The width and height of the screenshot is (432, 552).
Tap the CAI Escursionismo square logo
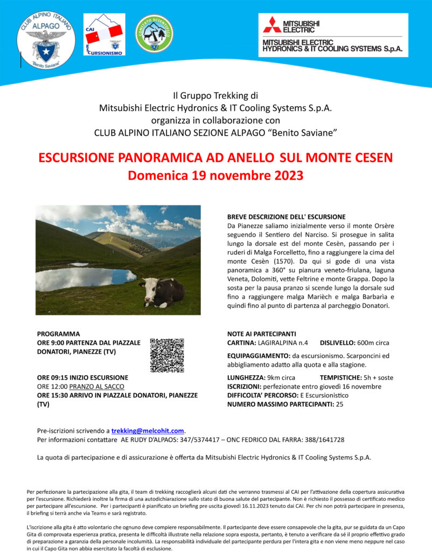coord(104,35)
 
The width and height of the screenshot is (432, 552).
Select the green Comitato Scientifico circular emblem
coord(154,33)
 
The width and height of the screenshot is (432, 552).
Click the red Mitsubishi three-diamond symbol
coord(272,25)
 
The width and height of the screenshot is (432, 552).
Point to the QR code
coord(167,355)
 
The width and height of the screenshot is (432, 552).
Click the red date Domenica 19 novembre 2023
coord(215,176)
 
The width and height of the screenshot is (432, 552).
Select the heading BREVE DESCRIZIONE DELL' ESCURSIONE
coord(286,216)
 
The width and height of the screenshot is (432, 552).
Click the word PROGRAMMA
coord(59,334)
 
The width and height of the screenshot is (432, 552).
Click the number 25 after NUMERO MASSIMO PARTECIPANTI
coord(339,404)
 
